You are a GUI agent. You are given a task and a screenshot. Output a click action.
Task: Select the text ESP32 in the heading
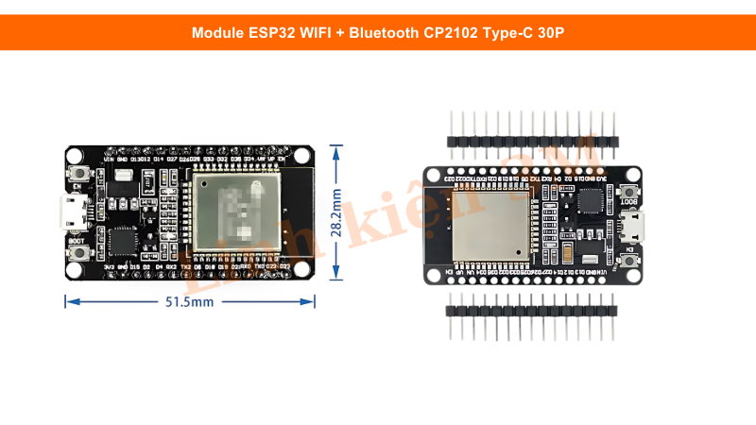point(273,33)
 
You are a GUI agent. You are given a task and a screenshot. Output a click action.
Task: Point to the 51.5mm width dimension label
point(190,302)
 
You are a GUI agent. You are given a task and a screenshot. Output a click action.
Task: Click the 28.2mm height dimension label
point(337,213)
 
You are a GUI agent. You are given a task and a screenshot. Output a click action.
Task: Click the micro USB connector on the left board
point(73,213)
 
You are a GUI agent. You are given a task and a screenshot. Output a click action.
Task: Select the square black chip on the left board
point(124,241)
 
